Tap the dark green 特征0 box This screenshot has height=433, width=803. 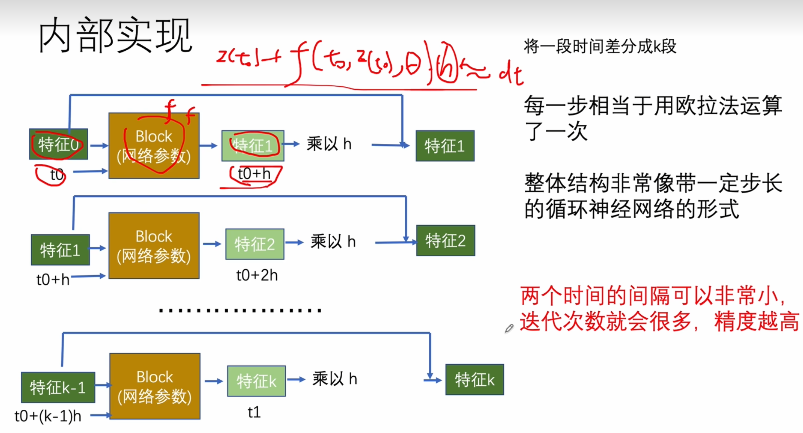click(x=59, y=144)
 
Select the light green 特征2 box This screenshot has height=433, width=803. click(x=255, y=244)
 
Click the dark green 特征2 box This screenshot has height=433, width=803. click(x=446, y=241)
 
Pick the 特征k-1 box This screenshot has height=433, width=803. click(x=58, y=387)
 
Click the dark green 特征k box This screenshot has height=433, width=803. click(x=475, y=380)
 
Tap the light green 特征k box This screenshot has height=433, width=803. click(x=256, y=381)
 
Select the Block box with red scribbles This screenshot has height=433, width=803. click(x=154, y=146)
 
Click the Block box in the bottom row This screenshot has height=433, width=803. click(x=154, y=386)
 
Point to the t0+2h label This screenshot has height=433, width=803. click(x=257, y=275)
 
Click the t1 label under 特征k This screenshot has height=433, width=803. click(x=254, y=412)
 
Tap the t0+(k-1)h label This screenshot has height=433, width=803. click(x=48, y=416)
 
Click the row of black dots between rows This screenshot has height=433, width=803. click(x=240, y=311)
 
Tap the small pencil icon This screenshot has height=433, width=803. click(x=509, y=329)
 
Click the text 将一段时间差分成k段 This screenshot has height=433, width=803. click(x=600, y=47)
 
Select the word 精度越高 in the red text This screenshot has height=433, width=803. click(x=756, y=321)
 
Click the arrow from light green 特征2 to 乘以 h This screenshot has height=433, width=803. click(x=294, y=243)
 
